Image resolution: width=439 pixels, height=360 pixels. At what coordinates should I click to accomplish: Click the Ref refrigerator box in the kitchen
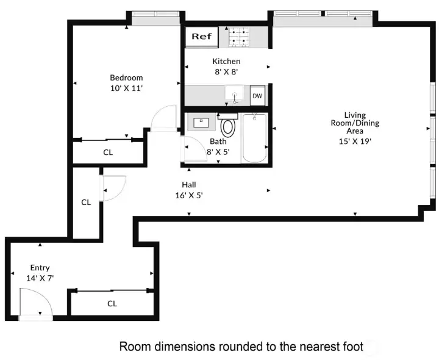pos(201,37)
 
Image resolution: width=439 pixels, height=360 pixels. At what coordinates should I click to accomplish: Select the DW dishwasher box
pos(257,96)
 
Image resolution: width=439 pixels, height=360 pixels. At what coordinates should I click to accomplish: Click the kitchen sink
pos(234,95)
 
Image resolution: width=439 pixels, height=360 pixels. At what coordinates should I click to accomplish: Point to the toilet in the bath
pos(228,126)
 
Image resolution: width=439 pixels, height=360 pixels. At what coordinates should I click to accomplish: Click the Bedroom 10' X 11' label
pos(126,82)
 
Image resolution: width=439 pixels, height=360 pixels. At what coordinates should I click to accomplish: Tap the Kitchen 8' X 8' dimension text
pos(226,71)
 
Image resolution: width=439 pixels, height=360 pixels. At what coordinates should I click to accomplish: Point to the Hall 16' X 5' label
pos(188,190)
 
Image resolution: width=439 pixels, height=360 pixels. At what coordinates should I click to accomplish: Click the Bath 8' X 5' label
pos(218,146)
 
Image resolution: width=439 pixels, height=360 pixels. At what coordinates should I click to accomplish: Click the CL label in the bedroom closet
pos(107,153)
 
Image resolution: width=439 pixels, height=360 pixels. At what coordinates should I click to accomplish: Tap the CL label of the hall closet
pos(86,202)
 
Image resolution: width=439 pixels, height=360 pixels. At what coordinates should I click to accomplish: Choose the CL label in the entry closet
pos(112,303)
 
